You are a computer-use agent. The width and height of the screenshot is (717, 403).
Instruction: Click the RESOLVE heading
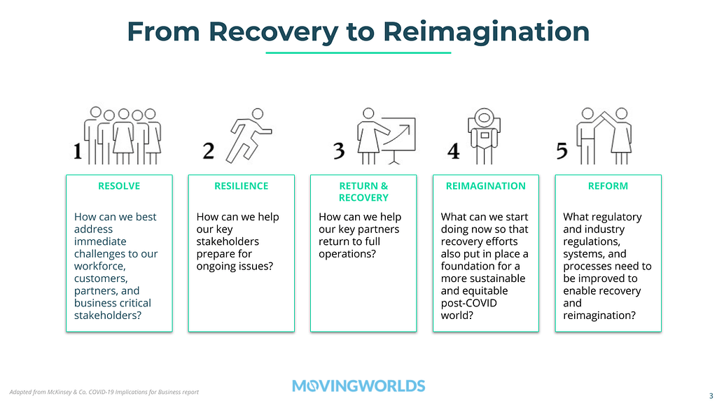119,186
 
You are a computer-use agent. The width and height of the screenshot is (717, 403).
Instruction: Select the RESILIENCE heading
242,186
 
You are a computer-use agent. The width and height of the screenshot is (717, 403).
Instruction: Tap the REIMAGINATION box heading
486,186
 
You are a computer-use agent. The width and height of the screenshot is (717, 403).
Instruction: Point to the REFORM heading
608,186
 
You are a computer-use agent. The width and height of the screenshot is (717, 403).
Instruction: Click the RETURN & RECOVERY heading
363,192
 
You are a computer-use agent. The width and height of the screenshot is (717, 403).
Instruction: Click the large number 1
78,151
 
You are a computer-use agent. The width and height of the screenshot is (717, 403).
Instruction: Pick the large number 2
209,151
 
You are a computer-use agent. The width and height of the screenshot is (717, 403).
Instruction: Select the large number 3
339,151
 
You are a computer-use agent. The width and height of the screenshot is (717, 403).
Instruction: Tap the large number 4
453,151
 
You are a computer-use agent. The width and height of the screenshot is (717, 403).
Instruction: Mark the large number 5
562,151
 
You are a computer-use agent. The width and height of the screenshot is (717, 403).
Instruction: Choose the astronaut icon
484,136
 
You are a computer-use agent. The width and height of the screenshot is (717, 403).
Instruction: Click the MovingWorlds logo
358,386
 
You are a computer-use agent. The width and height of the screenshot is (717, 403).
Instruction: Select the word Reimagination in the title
486,32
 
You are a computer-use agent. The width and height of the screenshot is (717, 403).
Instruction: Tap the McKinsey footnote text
104,392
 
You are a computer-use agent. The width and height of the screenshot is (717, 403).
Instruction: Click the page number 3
711,396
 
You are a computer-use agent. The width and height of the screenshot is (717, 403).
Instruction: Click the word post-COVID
468,303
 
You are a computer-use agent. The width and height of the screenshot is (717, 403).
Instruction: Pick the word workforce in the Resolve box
99,267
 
